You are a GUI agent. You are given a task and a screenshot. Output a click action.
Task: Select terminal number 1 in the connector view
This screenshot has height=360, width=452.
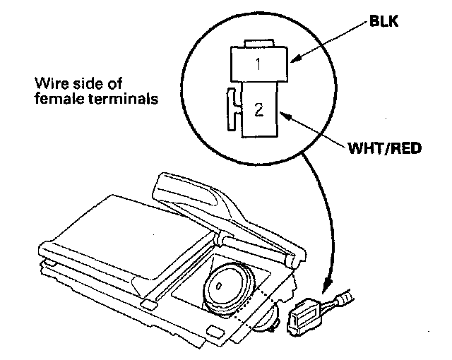pos(259,64)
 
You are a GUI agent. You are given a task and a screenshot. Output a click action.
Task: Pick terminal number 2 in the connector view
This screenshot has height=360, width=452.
pos(258,109)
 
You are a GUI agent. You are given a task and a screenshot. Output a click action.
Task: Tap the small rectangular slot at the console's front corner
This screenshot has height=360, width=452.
pos(211,331)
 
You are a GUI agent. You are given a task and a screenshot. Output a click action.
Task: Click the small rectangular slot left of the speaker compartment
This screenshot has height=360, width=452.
pos(148,303)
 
